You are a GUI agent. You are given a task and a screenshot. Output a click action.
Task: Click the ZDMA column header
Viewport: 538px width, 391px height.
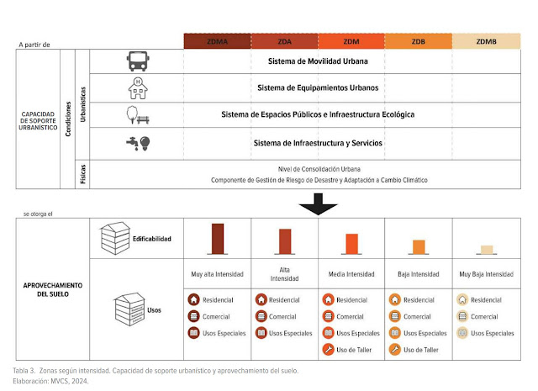click(217, 41)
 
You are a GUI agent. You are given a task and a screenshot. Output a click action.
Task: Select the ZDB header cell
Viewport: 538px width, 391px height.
click(419, 41)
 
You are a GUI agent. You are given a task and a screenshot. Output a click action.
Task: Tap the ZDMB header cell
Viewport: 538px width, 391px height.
click(486, 41)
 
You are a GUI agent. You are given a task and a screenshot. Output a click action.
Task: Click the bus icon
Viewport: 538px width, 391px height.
click(138, 61)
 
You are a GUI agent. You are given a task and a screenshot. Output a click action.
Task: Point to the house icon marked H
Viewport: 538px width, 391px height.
click(138, 88)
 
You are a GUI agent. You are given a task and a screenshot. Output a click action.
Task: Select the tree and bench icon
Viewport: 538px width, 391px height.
click(138, 115)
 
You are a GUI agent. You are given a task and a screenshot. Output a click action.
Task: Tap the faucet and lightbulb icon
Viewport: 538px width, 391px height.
click(138, 143)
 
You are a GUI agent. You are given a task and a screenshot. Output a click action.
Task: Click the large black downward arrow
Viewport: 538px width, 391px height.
click(318, 204)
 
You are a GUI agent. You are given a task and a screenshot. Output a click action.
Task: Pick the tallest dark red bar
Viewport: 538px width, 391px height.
click(218, 239)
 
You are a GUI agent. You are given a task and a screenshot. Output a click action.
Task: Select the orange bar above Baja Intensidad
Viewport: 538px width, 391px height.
click(419, 247)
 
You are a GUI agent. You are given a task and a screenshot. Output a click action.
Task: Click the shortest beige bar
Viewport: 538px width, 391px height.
click(487, 250)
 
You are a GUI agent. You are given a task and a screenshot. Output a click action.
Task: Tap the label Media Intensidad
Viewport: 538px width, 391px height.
click(351, 274)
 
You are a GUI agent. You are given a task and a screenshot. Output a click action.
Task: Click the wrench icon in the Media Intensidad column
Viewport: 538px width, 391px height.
click(328, 350)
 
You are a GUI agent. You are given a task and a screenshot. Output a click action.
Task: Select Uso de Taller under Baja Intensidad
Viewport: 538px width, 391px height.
click(421, 350)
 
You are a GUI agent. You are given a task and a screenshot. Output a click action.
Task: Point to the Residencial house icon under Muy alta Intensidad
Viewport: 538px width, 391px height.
click(193, 299)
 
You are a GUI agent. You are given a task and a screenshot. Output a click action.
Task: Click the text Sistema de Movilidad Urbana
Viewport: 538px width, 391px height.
click(318, 61)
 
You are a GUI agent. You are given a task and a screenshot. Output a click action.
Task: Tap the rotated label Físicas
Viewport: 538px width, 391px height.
click(82, 174)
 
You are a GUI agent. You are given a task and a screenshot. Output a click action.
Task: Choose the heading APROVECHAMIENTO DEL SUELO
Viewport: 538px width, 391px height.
click(53, 290)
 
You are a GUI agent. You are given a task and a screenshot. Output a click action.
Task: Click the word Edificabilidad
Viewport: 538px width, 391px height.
click(152, 239)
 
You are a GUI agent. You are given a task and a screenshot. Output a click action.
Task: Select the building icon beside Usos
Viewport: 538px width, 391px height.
click(129, 309)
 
